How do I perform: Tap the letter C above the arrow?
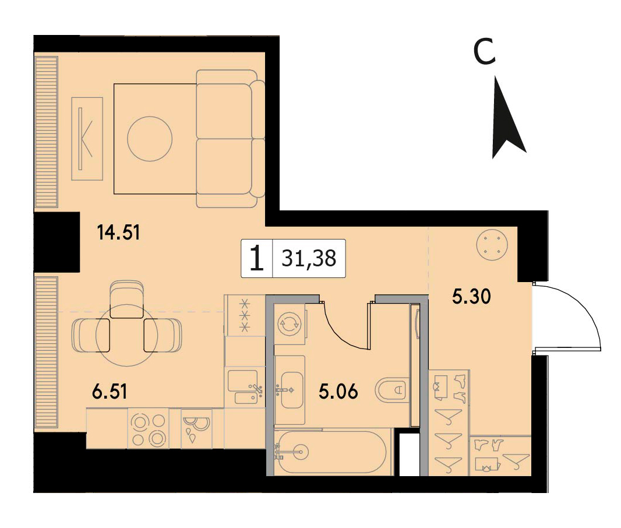point(485,51)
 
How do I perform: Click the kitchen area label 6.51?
point(110,392)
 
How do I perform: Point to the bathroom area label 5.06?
point(338,392)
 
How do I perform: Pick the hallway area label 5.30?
point(471,296)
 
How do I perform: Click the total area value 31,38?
point(309,258)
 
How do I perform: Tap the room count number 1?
point(257,258)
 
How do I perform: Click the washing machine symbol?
point(290,323)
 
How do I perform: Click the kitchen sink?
point(243,386)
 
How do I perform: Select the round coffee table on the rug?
point(150,138)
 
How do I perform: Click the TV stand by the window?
point(87,139)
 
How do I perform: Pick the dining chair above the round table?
point(126,299)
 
